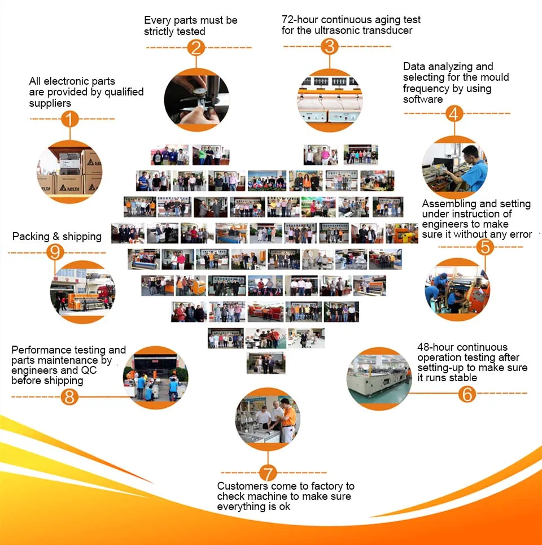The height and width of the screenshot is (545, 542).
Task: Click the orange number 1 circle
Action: coord(69,119)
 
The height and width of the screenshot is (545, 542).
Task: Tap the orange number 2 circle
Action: coord(195,47)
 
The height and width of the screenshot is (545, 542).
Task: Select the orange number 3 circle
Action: coord(330,46)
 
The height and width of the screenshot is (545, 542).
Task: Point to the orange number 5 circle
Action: coord(484,247)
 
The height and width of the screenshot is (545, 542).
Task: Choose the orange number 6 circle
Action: coord(467,393)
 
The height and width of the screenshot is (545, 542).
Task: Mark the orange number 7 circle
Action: coord(268,472)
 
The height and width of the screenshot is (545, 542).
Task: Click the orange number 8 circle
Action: coord(69,396)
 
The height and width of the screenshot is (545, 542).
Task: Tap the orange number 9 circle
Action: coord(55,252)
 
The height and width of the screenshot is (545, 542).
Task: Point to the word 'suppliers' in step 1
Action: coord(50,103)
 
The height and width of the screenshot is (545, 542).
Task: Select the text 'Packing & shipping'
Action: coord(57,236)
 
